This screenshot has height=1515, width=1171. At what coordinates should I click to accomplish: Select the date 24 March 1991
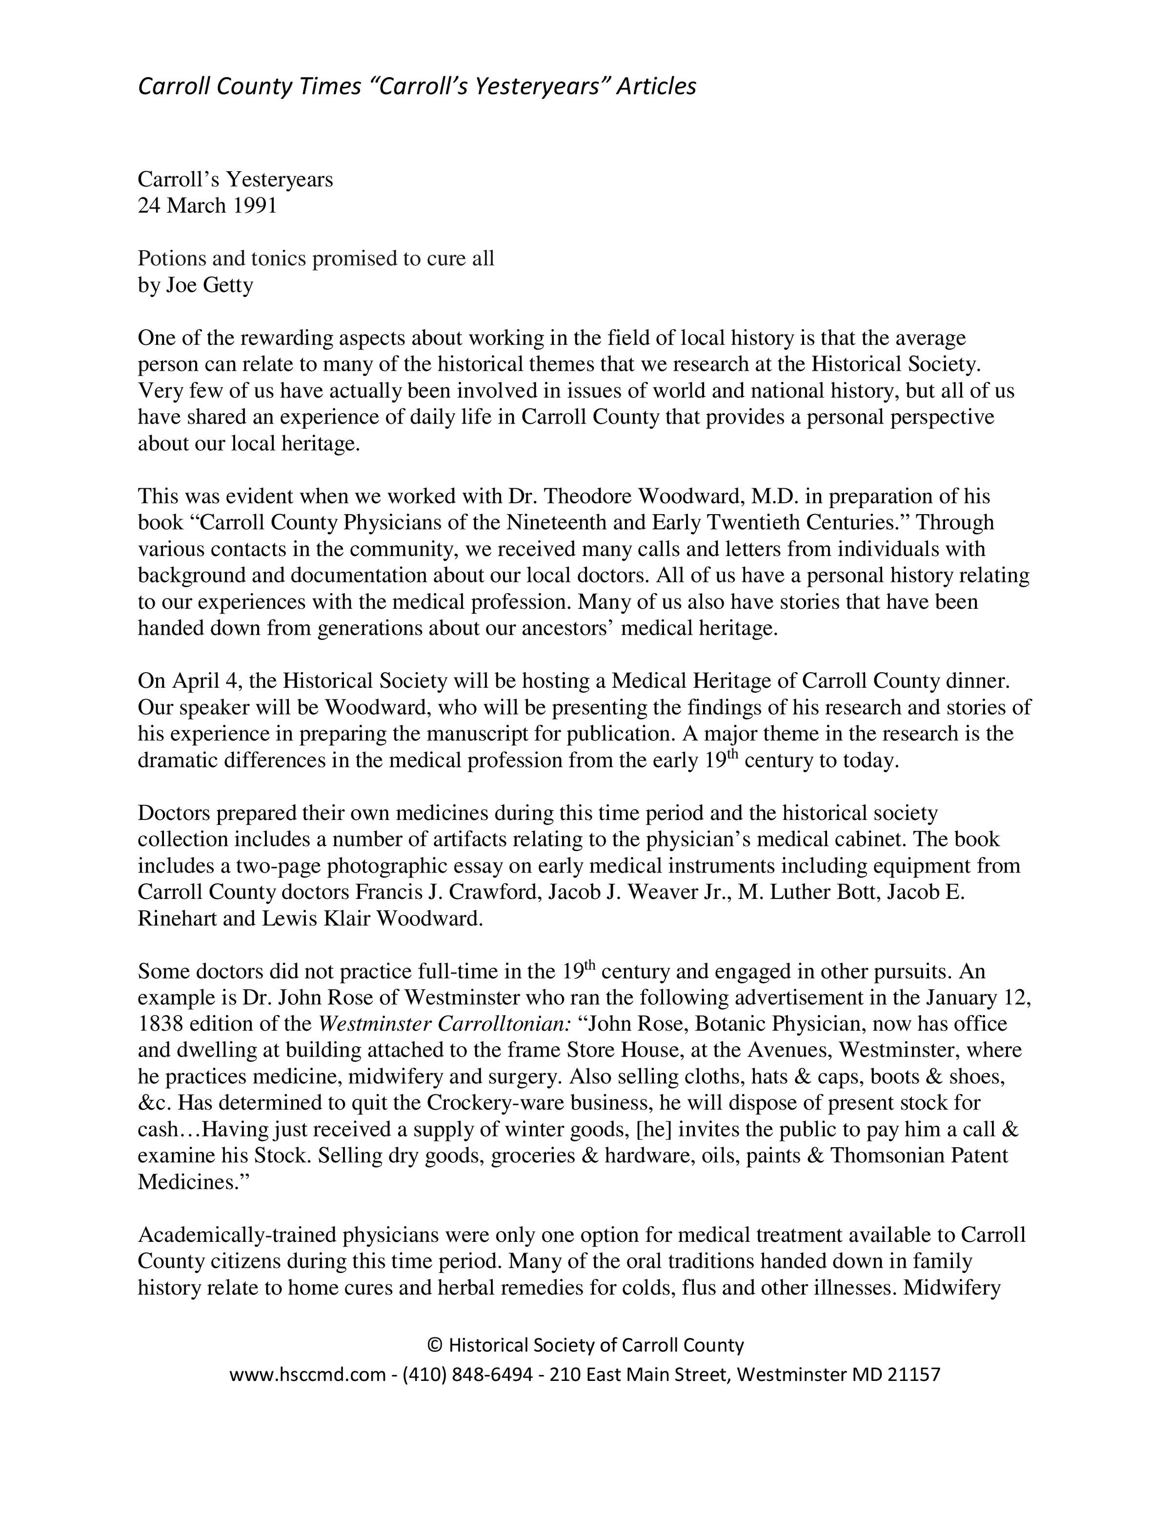click(207, 206)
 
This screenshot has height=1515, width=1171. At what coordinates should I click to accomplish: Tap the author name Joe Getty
click(209, 285)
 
